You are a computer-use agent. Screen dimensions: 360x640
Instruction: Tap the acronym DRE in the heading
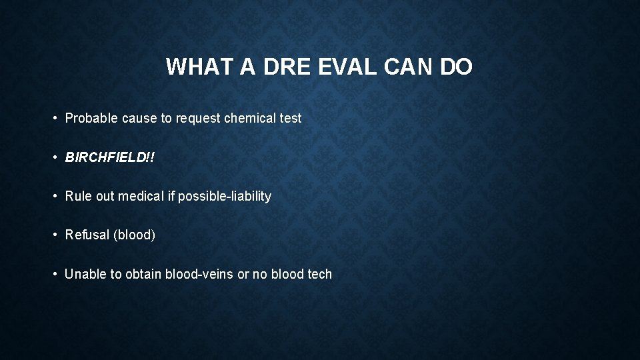(281, 67)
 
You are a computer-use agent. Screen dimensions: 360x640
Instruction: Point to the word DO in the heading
(456, 67)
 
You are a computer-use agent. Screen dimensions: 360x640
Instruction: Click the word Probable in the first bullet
(91, 118)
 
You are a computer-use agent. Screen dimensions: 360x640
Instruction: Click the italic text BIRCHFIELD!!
(107, 157)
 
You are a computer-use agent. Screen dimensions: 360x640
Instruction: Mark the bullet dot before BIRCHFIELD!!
(55, 157)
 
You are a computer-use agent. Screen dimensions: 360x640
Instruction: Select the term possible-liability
(225, 196)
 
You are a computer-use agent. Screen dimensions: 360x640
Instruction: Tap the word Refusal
(87, 235)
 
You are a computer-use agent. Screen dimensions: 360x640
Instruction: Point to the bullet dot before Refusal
(55, 235)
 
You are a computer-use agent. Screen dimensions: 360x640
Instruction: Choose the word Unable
(85, 274)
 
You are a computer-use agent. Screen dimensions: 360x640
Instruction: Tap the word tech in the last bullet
(320, 274)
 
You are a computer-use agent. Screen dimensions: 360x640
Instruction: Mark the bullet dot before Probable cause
(55, 119)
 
